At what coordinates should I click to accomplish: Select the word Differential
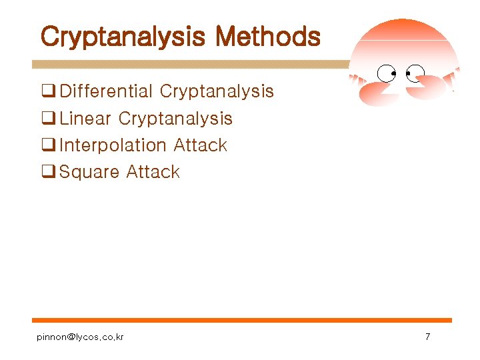point(107,91)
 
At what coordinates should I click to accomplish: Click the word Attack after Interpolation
point(200,145)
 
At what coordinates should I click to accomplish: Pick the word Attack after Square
point(153,172)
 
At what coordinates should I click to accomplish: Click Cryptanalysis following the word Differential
point(217,91)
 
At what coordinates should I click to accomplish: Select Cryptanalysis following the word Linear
point(175,119)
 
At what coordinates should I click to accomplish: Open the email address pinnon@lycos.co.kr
point(80,337)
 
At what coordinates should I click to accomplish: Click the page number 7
point(427,337)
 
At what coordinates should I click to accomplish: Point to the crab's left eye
point(386,72)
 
